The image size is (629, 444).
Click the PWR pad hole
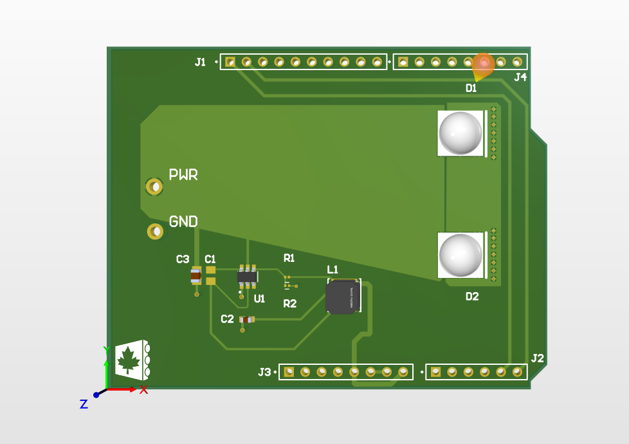pos(154,187)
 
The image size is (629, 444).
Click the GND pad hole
pos(155,231)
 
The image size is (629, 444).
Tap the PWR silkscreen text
pos(183,175)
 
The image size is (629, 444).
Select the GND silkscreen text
pos(183,222)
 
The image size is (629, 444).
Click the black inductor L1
pos(342,297)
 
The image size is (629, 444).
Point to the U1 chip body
pos(248,277)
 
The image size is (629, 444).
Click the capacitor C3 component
pos(196,276)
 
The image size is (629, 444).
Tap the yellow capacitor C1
pos(210,276)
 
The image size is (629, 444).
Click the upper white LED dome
pos(460,133)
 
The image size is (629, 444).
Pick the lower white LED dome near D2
pos(460,255)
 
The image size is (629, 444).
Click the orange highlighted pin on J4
pos(484,62)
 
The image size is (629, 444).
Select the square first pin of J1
pos(230,62)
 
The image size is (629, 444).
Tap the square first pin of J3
pos(289,372)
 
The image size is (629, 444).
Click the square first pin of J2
pos(435,372)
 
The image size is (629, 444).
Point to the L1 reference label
pos(333,269)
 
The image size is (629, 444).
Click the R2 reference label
pos(290,304)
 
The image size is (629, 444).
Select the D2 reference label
pos(472,297)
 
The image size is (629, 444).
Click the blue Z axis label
pos(84,404)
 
